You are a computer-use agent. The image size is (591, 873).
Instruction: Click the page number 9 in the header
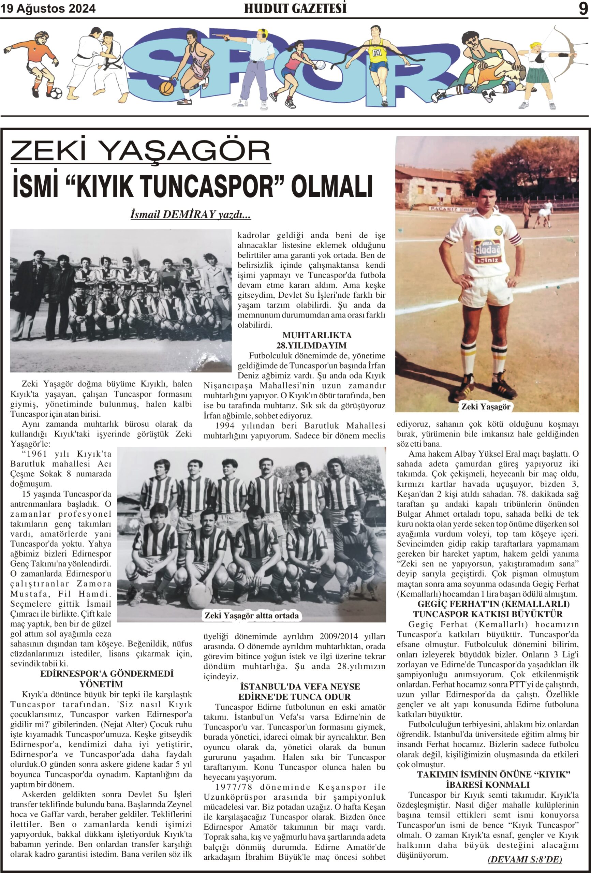pyautogui.click(x=583, y=8)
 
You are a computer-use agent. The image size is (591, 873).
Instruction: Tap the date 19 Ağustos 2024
pyautogui.click(x=48, y=9)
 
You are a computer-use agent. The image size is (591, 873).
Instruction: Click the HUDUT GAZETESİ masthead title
pyautogui.click(x=295, y=8)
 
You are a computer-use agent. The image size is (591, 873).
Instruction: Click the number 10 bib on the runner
pyautogui.click(x=377, y=53)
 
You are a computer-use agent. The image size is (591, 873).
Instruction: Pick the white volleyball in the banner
pyautogui.click(x=321, y=64)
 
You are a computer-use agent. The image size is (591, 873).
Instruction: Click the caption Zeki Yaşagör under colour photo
pyautogui.click(x=486, y=406)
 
